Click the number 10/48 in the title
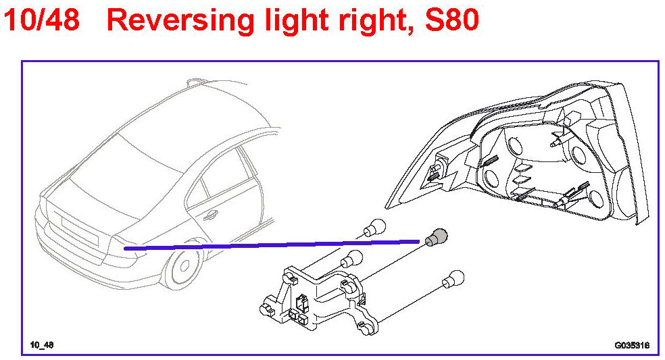tap(42, 21)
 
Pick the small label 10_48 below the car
tap(42, 346)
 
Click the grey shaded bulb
tap(438, 236)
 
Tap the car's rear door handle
tap(211, 216)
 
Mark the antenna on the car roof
tap(195, 82)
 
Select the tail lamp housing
tap(534, 155)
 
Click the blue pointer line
tap(270, 245)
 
